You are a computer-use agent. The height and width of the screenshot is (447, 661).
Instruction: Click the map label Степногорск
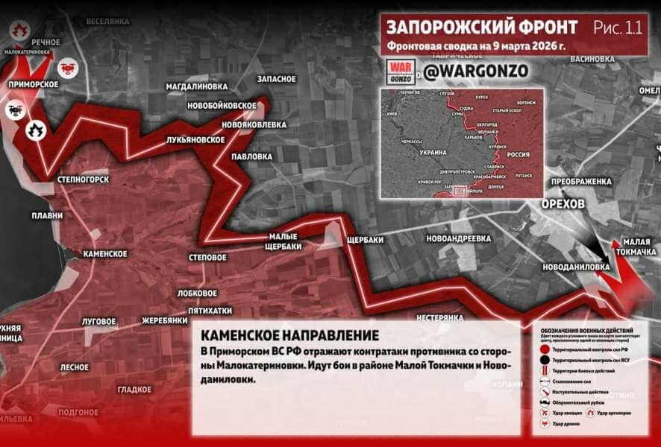point(84,180)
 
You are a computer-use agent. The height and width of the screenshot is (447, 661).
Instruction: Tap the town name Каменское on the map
point(105,253)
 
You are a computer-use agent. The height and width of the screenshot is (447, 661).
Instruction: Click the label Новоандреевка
point(458,238)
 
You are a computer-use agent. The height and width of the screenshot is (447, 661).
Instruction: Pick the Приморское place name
point(34,84)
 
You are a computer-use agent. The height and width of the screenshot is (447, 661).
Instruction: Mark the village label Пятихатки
point(210,310)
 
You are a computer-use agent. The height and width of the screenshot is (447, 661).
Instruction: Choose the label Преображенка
point(581,181)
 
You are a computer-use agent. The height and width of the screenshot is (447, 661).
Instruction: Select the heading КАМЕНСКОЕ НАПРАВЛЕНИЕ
point(289,336)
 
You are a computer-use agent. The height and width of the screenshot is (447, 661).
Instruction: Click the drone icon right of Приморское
point(67,67)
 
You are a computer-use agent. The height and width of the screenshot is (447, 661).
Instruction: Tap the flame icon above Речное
point(19,30)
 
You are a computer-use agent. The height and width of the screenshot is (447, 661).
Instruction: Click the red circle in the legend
point(545,349)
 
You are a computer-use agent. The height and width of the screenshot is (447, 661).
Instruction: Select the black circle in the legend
point(545,360)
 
